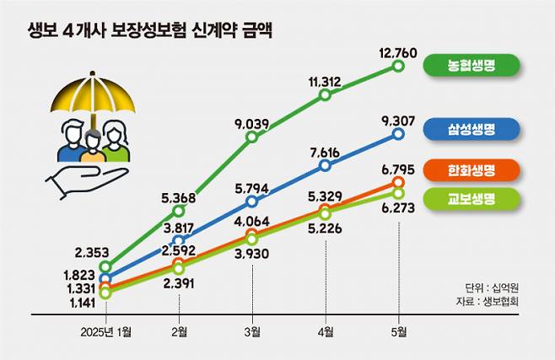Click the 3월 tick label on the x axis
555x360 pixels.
point(251,331)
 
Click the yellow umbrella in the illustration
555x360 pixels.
point(94,99)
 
